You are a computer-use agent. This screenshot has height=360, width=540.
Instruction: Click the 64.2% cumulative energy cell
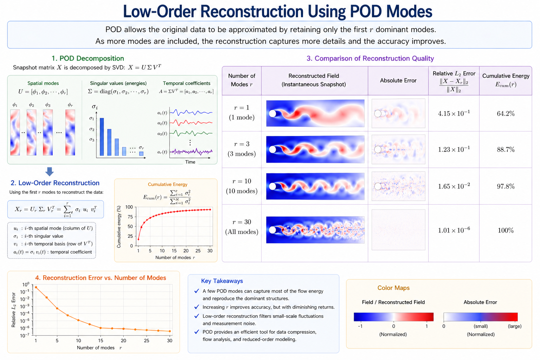click(506, 113)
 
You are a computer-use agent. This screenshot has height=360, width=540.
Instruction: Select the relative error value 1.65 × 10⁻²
click(454, 186)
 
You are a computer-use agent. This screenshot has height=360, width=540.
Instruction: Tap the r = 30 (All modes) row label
click(242, 227)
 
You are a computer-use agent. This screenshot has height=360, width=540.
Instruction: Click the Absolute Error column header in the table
click(398, 81)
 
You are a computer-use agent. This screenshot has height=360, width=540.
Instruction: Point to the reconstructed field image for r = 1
click(315, 113)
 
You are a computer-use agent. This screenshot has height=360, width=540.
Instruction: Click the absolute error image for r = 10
click(398, 186)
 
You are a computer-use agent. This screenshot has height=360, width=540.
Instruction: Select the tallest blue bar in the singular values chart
click(102, 137)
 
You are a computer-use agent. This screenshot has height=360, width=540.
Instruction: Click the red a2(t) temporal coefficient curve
click(191, 123)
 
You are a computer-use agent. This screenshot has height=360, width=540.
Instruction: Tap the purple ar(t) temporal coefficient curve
click(191, 152)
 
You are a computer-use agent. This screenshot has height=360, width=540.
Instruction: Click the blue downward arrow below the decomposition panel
click(50, 172)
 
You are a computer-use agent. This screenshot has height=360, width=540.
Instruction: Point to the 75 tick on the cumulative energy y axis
click(130, 217)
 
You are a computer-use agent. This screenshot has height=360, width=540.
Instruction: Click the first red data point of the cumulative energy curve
click(139, 239)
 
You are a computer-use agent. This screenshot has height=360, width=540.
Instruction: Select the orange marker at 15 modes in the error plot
click(101, 328)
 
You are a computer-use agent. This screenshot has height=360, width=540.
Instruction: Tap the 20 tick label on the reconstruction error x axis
click(123, 340)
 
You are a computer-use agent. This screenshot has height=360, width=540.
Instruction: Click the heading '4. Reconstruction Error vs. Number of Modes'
click(101, 278)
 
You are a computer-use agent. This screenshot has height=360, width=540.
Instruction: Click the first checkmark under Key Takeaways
click(197, 291)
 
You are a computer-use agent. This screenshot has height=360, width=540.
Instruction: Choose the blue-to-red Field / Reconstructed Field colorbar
click(393, 317)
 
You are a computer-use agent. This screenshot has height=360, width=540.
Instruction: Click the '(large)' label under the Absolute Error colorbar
click(514, 326)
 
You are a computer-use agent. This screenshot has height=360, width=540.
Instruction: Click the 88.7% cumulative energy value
click(506, 149)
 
